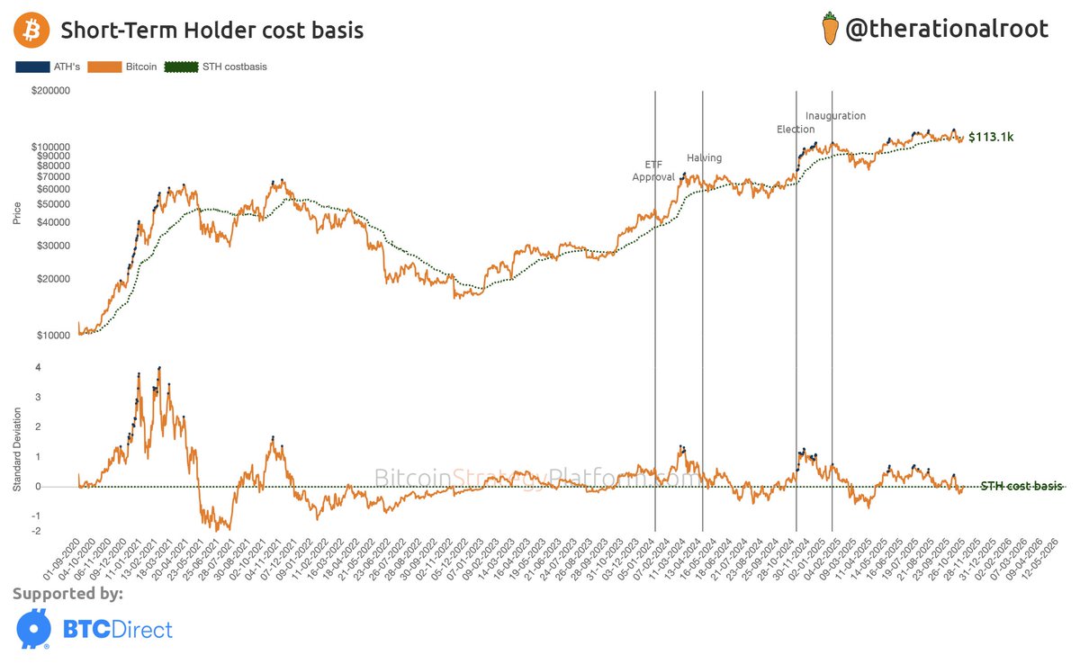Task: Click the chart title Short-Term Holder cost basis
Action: click(211, 31)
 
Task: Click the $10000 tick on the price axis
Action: click(55, 336)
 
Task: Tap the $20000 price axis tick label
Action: click(55, 279)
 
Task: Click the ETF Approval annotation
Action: click(653, 171)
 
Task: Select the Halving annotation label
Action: click(704, 158)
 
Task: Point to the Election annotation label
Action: click(796, 130)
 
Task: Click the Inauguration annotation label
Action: click(835, 116)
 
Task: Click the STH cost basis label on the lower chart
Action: click(1021, 487)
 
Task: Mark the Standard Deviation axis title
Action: click(16, 447)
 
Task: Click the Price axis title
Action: click(16, 213)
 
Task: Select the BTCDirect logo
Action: click(94, 629)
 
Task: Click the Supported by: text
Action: click(67, 594)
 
